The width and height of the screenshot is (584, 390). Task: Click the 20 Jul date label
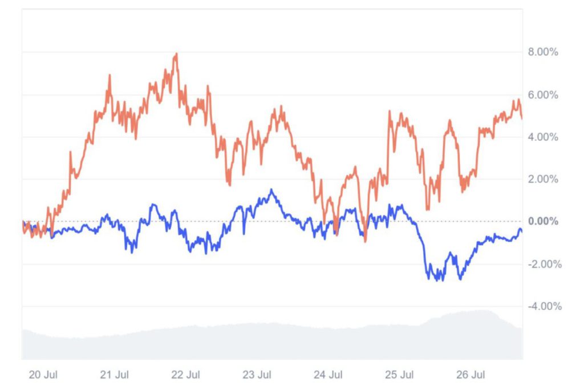[43, 375]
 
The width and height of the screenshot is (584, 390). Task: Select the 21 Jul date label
[114, 375]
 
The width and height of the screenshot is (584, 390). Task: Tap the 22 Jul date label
[185, 375]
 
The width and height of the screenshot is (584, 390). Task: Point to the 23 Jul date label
[257, 375]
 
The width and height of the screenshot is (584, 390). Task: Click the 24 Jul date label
[328, 375]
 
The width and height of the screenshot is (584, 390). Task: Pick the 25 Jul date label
[399, 375]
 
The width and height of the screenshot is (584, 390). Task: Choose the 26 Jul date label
[471, 375]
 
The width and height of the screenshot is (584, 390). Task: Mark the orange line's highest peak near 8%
[177, 54]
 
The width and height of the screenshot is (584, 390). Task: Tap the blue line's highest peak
[271, 190]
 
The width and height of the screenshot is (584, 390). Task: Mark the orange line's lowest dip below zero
[365, 241]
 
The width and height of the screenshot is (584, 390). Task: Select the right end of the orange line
[522, 118]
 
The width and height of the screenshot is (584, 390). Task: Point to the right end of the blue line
[522, 231]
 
